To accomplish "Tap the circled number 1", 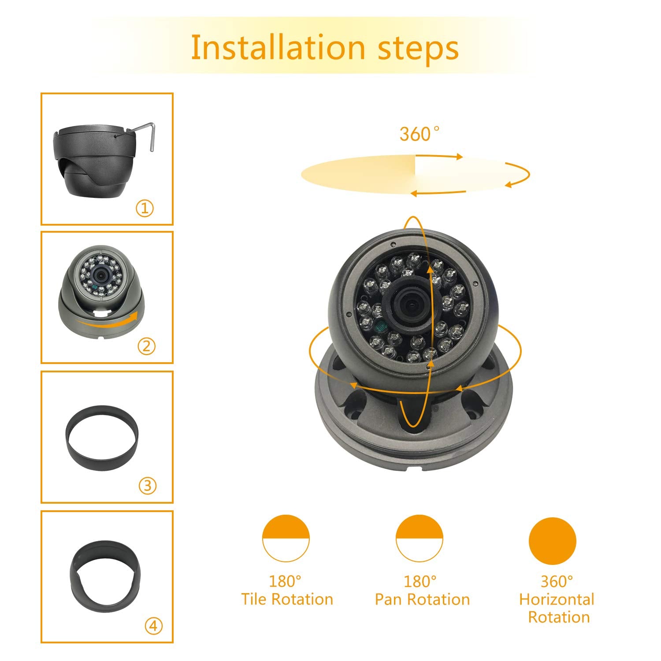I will point(145,208).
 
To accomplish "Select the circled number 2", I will point(146,346).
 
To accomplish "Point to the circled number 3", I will point(148,486).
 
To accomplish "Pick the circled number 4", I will point(153,626).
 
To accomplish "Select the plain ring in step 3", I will point(102,437).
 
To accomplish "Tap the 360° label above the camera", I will point(419,134).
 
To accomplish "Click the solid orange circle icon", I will point(552,541).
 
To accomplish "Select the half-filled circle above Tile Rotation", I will point(286,538).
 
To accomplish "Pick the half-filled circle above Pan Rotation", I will point(419,538).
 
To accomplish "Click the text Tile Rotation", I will point(287,599).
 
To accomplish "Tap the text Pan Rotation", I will point(422,599).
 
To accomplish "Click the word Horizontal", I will point(557,599).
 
